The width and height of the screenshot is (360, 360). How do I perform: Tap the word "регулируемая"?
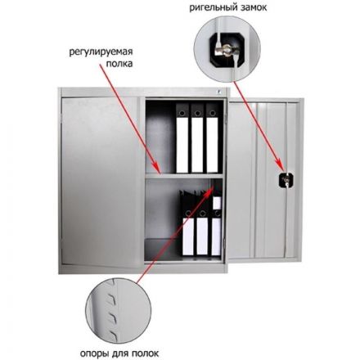(101, 52)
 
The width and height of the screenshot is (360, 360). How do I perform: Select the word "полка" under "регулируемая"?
(119, 64)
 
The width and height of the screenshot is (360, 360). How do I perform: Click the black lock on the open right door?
(286, 180)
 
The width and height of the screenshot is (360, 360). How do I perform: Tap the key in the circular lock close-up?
(227, 49)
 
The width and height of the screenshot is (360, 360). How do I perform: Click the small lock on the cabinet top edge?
(218, 92)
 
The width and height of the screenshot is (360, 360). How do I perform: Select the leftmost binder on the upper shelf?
(182, 138)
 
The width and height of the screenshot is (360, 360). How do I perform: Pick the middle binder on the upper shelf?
(197, 138)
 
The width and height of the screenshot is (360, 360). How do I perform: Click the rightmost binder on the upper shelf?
(212, 138)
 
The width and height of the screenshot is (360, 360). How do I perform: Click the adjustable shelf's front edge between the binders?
(184, 176)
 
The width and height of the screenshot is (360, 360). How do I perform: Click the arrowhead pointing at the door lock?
(280, 165)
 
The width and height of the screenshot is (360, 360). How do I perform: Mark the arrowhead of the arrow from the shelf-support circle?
(211, 188)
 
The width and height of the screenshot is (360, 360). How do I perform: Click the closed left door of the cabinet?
(101, 181)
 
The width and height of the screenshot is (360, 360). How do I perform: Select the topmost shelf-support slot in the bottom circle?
(112, 299)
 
